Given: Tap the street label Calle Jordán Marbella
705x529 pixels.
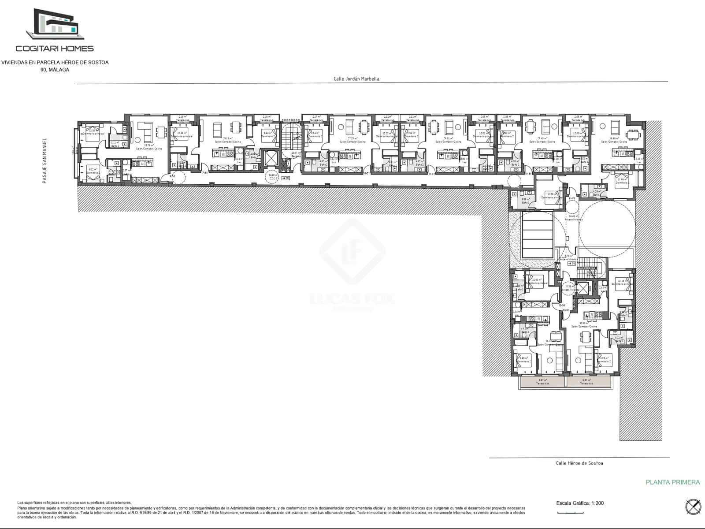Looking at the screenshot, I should click(356, 79).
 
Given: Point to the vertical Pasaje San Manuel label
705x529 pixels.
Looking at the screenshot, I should click(45, 160).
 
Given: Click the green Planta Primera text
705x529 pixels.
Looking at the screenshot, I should click(672, 482).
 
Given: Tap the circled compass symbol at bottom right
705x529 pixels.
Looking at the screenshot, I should click(693, 507).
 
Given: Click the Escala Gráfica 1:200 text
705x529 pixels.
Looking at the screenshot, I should click(580, 503).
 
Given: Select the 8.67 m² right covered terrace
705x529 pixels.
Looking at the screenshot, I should click(586, 382).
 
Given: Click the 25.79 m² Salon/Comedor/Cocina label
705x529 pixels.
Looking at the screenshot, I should click(145, 147).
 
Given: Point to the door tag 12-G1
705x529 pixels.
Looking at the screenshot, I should click(561, 305).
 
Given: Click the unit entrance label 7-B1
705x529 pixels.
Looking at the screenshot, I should click(205, 173).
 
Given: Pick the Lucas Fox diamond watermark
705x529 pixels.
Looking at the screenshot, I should click(352, 252).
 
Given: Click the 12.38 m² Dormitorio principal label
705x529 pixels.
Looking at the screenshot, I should click(182, 134).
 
